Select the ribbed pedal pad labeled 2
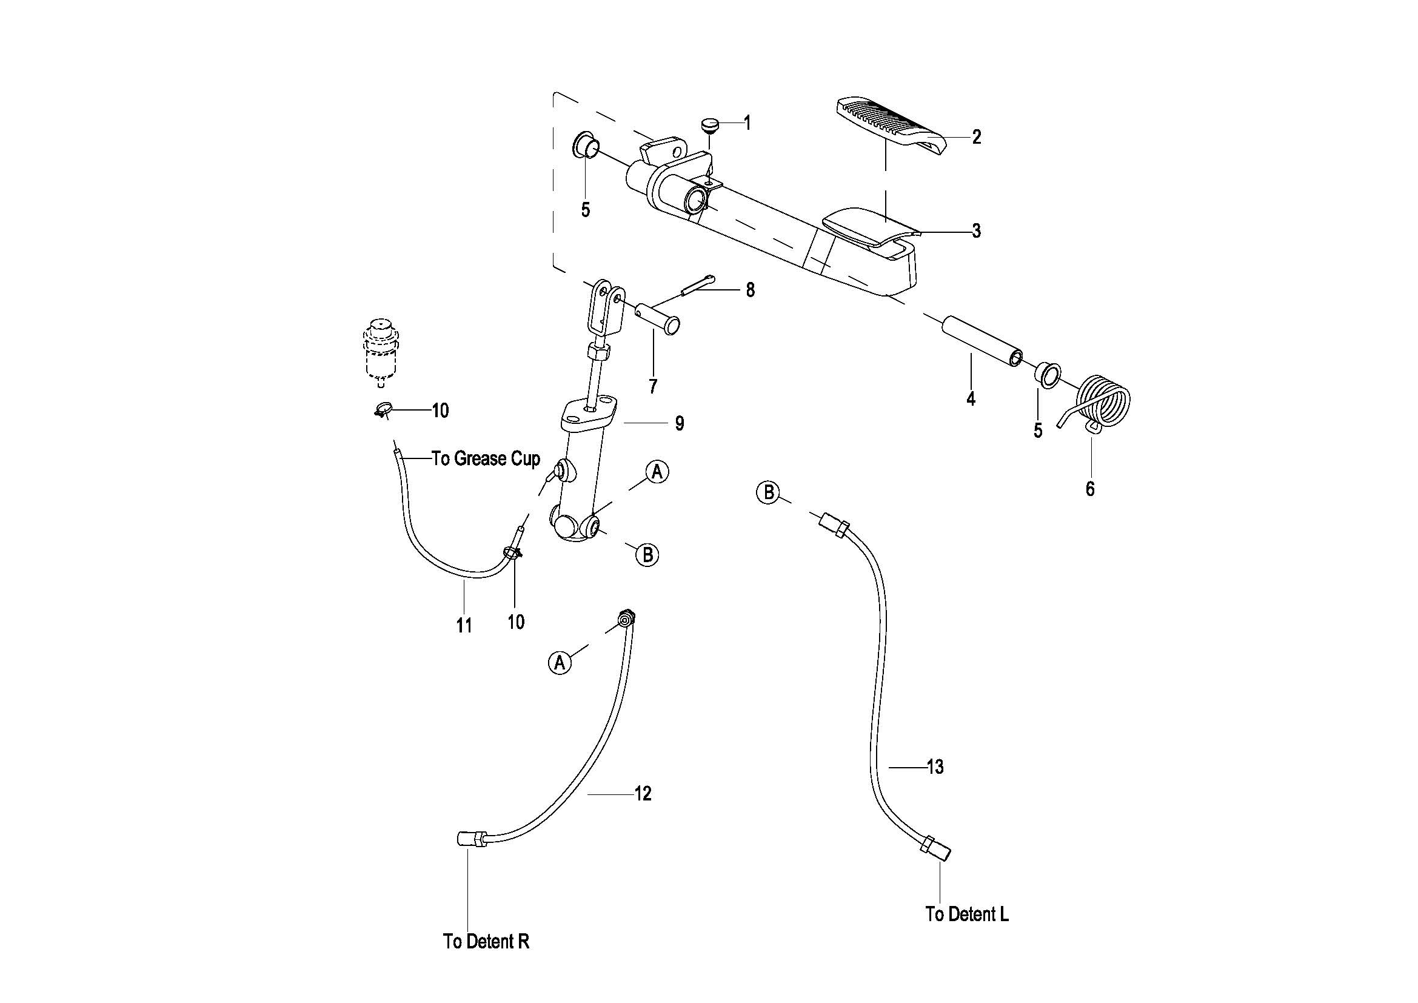click(x=891, y=124)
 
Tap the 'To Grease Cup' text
click(x=486, y=458)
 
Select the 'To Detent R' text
click(x=486, y=941)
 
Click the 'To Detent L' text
click(x=967, y=914)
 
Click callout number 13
click(x=935, y=767)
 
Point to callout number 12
click(x=643, y=794)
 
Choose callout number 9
click(x=680, y=424)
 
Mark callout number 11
click(x=464, y=626)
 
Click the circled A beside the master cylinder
click(x=657, y=472)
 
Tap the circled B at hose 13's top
click(x=769, y=492)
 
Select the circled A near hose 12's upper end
click(x=560, y=663)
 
